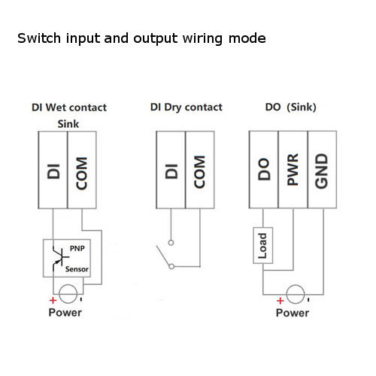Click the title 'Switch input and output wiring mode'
(141, 37)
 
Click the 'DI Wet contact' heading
(68, 108)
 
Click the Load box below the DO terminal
(263, 244)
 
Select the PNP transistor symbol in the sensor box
(56, 258)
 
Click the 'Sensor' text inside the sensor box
(76, 268)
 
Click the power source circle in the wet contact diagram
(68, 295)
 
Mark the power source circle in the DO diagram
(293, 295)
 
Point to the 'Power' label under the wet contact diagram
(65, 312)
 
